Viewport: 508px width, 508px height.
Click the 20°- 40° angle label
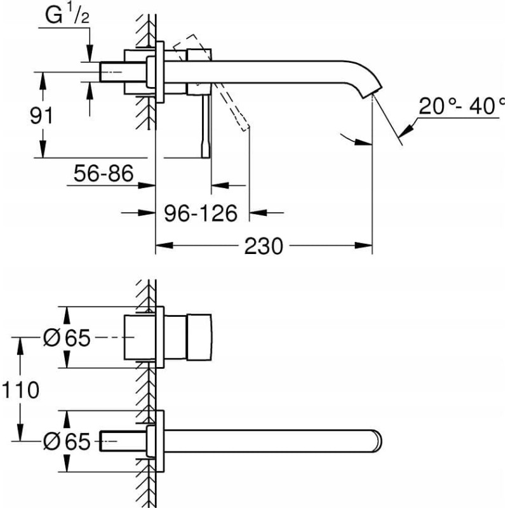[460, 106]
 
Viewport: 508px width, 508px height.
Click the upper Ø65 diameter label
[67, 338]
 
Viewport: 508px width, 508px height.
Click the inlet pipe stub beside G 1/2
[111, 71]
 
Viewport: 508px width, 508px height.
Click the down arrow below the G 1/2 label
[90, 55]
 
